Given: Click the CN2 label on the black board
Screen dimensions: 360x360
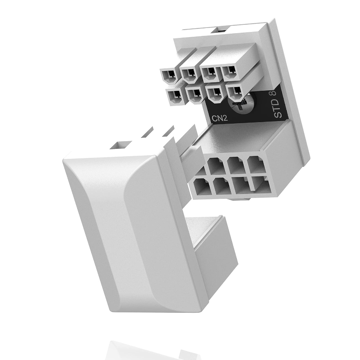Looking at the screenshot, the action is [219, 118].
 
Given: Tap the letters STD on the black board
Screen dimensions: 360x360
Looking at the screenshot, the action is [278, 108].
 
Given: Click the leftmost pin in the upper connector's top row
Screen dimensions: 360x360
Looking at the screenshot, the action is [169, 76].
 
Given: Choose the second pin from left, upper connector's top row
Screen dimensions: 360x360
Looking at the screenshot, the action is [189, 74].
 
